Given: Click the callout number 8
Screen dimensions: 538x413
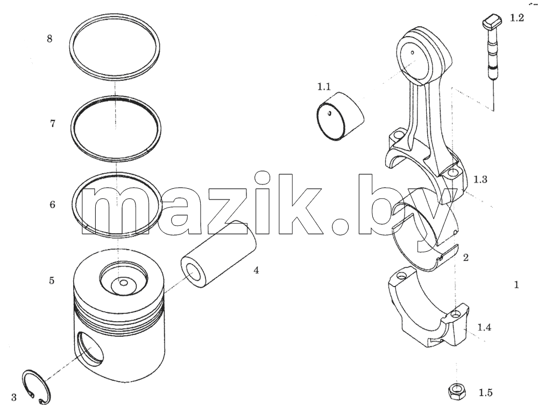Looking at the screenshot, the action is pyautogui.click(x=49, y=38).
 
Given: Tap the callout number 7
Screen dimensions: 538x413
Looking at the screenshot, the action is pyautogui.click(x=53, y=124).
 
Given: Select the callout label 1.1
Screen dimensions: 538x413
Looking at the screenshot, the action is pyautogui.click(x=324, y=87).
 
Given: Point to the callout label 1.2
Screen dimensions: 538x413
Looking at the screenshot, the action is pyautogui.click(x=516, y=18).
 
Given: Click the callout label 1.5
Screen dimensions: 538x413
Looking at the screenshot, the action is pyautogui.click(x=485, y=393).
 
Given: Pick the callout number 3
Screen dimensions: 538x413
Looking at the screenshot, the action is pyautogui.click(x=14, y=397).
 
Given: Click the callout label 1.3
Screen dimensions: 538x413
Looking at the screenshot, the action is pyautogui.click(x=480, y=180).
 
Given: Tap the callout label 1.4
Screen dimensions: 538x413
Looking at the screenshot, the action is pyautogui.click(x=484, y=327).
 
